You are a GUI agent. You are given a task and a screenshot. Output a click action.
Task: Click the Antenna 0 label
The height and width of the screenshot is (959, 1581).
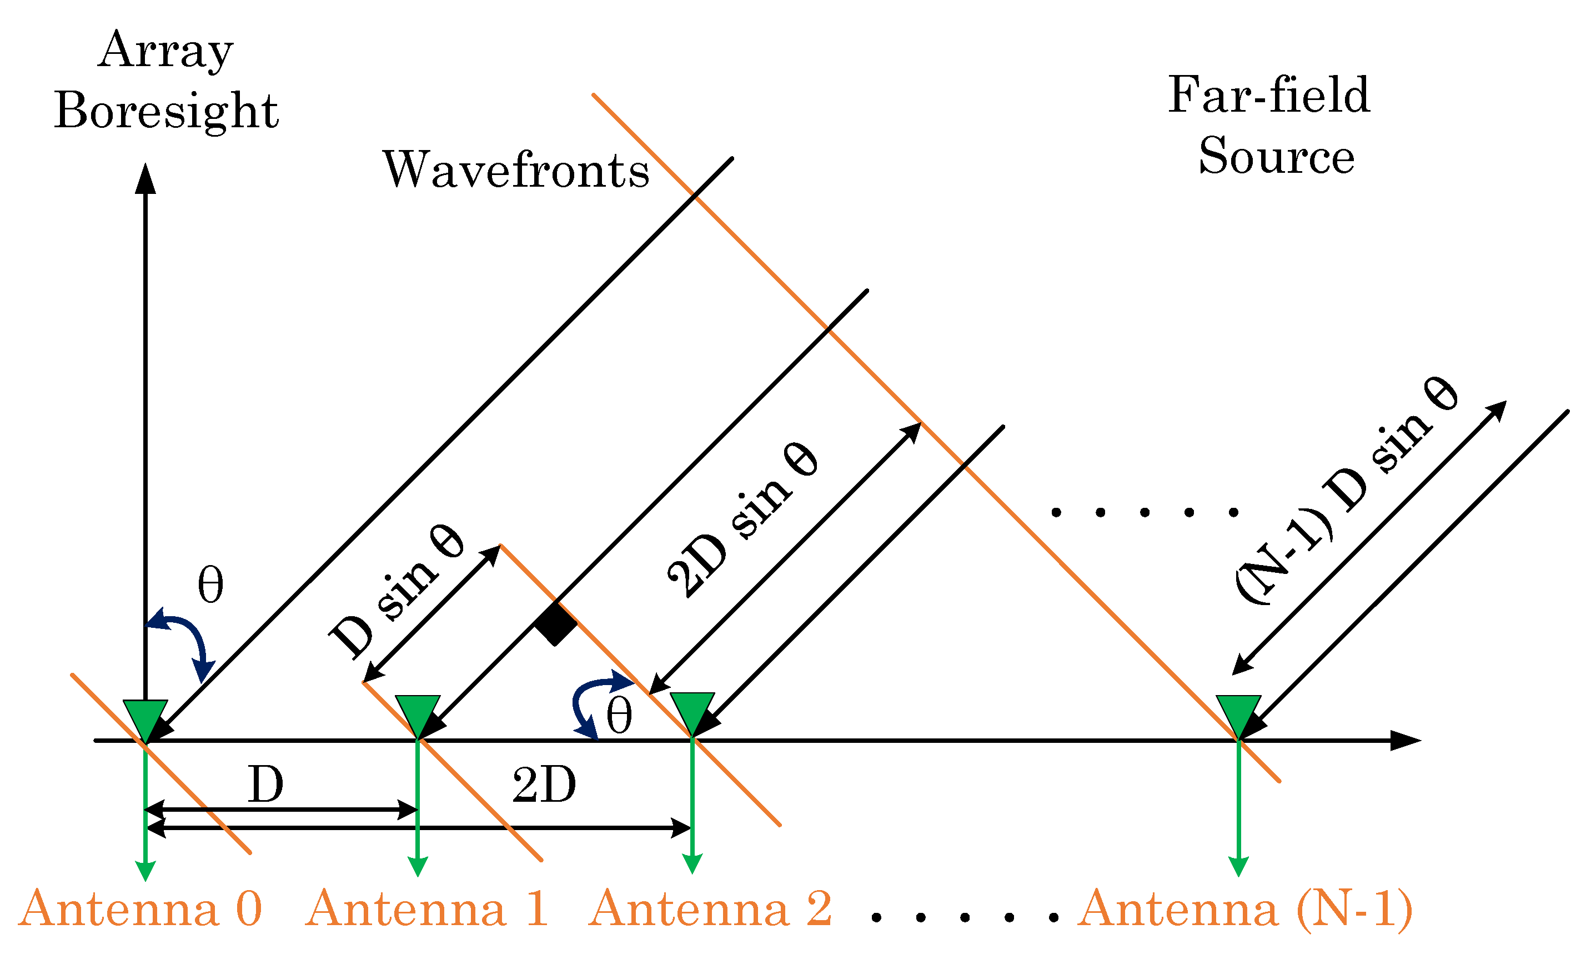(140, 909)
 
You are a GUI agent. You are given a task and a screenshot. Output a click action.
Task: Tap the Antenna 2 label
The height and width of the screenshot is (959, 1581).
(710, 909)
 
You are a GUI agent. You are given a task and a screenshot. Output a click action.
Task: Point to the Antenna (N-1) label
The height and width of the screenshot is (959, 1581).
(1245, 909)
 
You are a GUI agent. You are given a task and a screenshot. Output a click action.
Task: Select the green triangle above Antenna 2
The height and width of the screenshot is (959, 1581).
(692, 712)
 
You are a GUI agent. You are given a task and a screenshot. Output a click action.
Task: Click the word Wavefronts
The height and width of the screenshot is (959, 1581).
(516, 170)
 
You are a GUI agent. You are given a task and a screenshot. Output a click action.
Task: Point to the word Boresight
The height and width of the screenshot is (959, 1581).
(166, 111)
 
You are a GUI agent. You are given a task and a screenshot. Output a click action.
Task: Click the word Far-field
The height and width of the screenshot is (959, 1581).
(1268, 95)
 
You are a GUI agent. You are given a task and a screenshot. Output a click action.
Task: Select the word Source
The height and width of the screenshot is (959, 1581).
(1276, 156)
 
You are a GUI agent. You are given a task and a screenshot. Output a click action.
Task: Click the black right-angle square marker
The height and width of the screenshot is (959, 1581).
(556, 623)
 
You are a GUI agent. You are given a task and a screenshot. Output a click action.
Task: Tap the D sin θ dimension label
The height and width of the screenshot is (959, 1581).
(396, 591)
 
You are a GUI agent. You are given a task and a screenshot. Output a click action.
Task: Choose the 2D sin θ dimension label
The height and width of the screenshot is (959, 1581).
(742, 520)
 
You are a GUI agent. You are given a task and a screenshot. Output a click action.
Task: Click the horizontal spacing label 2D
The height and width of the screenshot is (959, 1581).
(544, 785)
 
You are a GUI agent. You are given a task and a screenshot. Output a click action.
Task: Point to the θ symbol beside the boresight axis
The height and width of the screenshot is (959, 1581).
(210, 585)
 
